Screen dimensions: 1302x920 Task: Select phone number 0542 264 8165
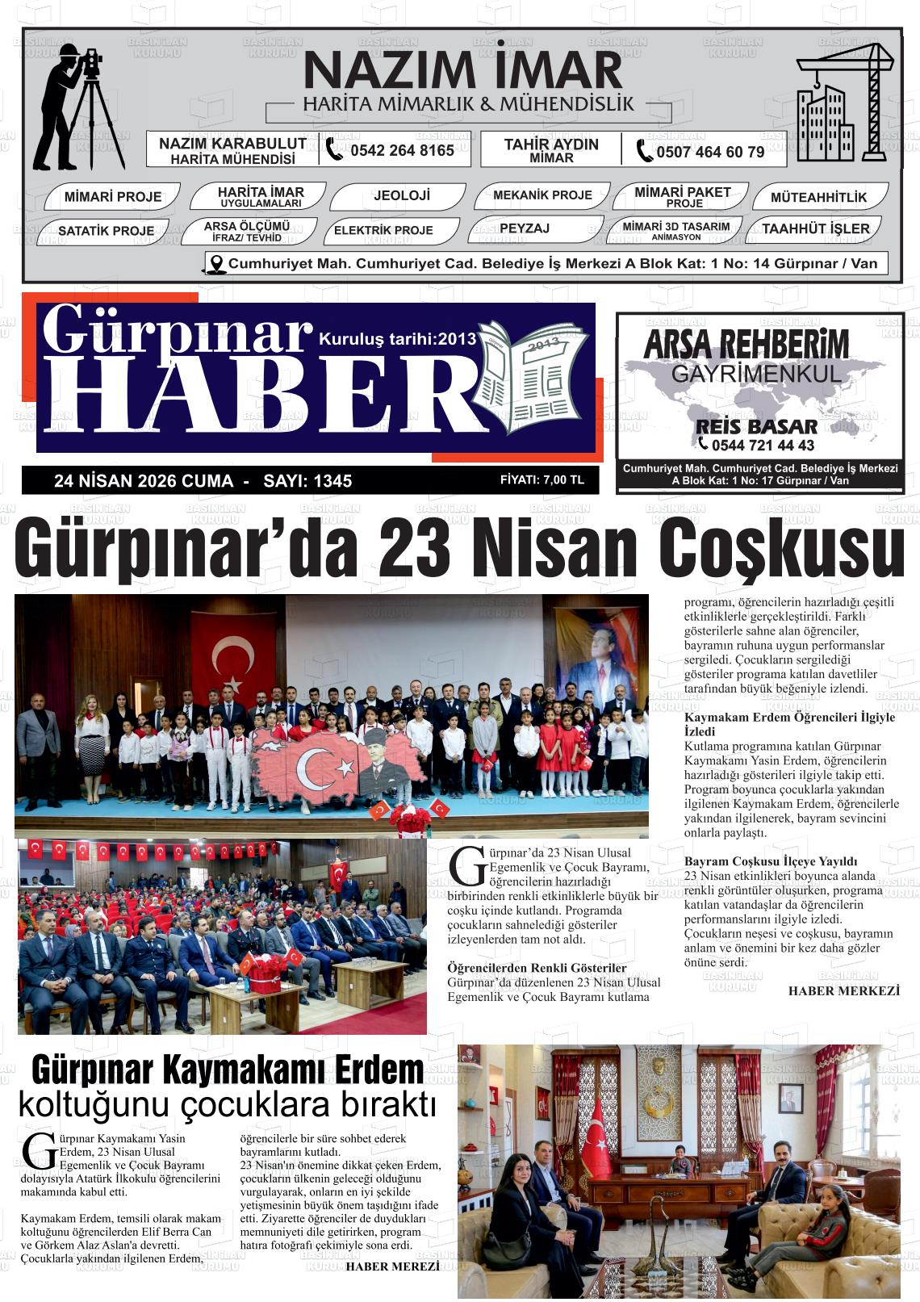(401, 151)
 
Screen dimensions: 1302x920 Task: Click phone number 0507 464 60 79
(709, 152)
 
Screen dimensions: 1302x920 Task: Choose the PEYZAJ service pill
(524, 229)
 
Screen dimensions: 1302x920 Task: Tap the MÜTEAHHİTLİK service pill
(818, 197)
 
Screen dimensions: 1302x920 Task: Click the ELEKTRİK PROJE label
(383, 231)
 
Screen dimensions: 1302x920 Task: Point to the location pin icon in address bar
(215, 264)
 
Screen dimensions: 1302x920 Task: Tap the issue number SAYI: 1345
(307, 481)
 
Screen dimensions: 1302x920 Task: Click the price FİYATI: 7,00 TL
(542, 480)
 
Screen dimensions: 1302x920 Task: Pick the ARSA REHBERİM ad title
(746, 345)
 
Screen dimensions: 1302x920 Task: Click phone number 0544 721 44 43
(763, 446)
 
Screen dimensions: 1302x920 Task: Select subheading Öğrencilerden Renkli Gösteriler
(537, 968)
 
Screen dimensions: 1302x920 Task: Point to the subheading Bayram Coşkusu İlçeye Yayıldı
(770, 861)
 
